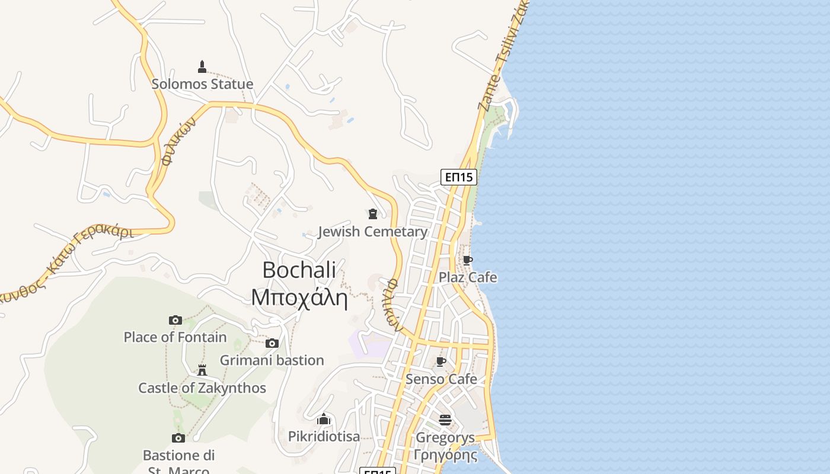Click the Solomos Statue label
click(202, 84)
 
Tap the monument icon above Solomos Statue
click(202, 66)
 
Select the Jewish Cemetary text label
click(372, 232)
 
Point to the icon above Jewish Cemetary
click(373, 214)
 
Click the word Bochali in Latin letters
click(299, 270)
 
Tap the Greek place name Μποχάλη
click(299, 297)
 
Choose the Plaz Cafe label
click(468, 277)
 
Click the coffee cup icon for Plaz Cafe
click(467, 260)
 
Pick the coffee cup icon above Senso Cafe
click(441, 361)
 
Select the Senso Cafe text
click(441, 379)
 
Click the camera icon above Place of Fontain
click(175, 320)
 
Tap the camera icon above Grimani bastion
click(272, 343)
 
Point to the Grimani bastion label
click(272, 360)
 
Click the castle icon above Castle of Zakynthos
click(202, 370)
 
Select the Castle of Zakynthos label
click(202, 388)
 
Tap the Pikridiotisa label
click(324, 437)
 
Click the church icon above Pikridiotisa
click(324, 419)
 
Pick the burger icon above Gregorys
click(445, 420)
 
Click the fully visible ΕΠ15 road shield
click(459, 177)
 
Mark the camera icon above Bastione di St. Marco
click(178, 438)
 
